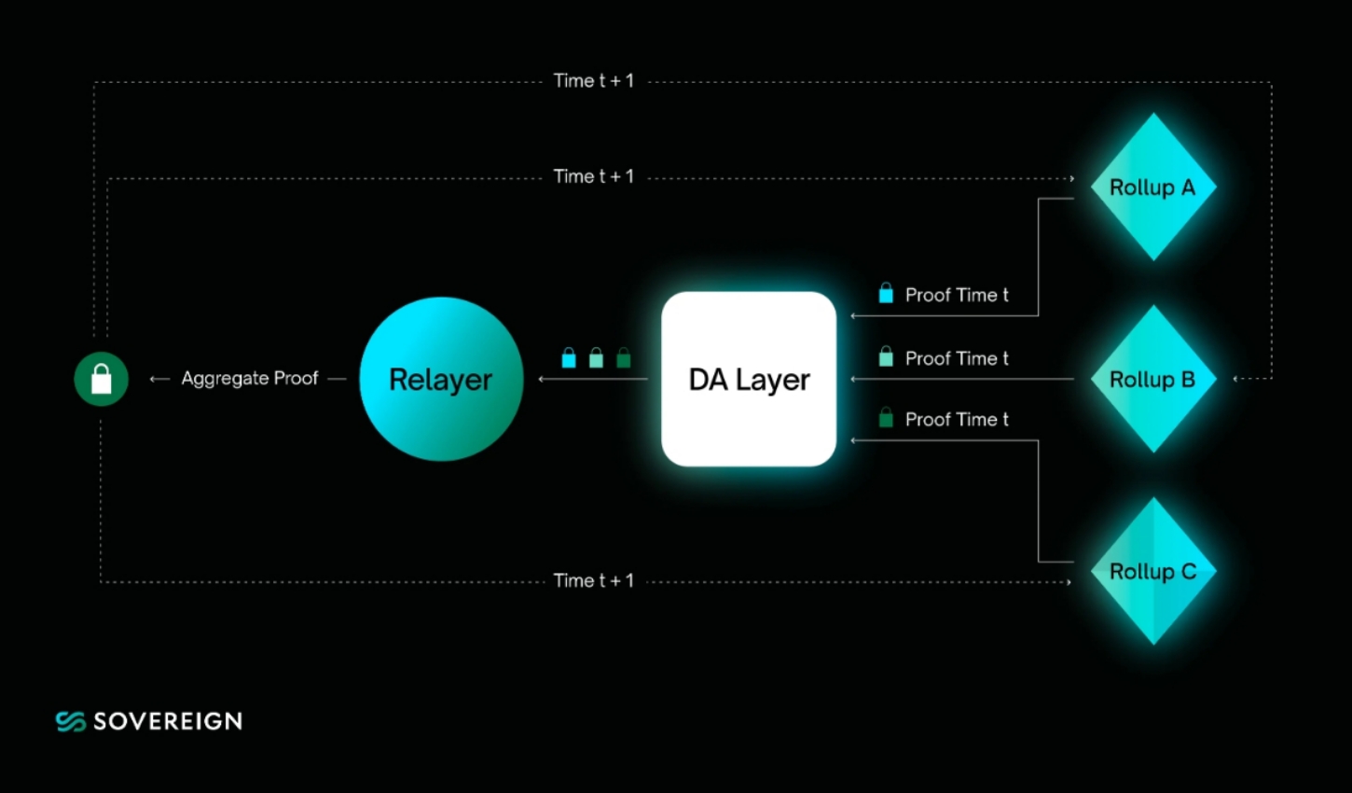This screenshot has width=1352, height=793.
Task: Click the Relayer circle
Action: point(440,379)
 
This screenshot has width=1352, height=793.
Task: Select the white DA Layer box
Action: point(748,379)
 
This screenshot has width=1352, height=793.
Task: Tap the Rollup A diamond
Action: point(1152,187)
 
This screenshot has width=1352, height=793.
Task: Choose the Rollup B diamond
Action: point(1152,379)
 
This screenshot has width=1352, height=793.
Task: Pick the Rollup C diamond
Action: point(1152,571)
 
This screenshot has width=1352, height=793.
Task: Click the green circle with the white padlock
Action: point(101,379)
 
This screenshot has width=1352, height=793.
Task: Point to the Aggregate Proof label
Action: point(249,378)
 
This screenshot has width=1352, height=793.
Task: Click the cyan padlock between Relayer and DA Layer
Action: point(569,357)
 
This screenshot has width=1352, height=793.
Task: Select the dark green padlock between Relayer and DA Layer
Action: point(624,357)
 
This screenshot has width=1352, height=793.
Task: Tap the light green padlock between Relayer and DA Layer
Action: point(596,357)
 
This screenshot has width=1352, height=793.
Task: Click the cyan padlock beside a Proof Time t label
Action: point(886,294)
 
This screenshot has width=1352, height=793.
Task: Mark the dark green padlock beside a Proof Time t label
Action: point(886,418)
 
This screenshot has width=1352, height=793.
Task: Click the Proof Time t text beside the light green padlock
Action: point(957,358)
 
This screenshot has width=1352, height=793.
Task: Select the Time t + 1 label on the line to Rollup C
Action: point(593,580)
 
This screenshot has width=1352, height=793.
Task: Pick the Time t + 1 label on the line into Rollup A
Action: point(593,176)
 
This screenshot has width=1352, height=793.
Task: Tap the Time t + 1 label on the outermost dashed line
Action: point(593,81)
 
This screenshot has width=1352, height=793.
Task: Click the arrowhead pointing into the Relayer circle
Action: point(542,379)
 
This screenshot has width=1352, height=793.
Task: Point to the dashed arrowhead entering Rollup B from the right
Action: point(1236,379)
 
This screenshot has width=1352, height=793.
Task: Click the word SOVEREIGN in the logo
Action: point(168,721)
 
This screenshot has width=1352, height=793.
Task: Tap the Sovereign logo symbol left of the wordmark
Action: point(71,721)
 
